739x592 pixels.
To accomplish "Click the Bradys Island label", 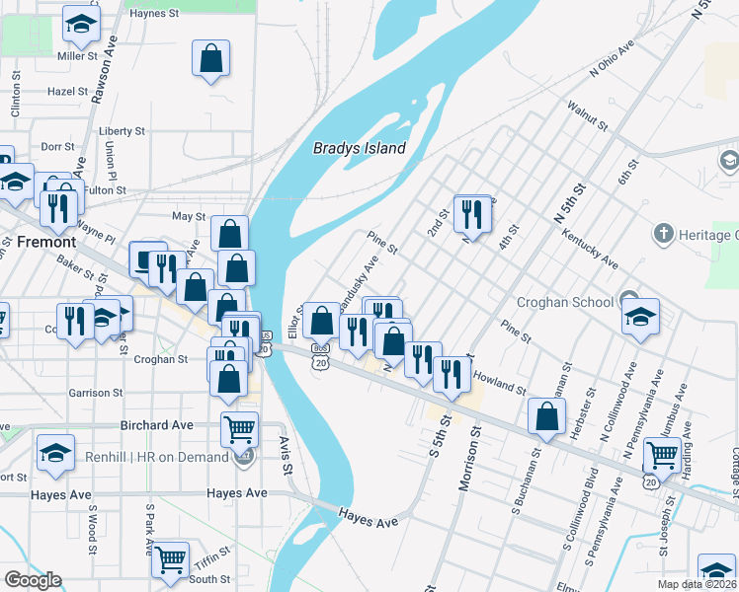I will click(x=360, y=148).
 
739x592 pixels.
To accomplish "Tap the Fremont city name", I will click(x=45, y=241).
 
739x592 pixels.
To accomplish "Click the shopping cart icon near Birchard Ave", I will click(x=240, y=429).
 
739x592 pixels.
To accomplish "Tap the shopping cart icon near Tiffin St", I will click(x=171, y=558).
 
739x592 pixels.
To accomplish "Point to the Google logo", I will click(x=32, y=580).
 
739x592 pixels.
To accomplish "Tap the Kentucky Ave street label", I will click(x=589, y=250).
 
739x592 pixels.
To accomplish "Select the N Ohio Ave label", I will click(x=612, y=60).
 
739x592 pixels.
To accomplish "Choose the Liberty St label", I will click(x=122, y=130).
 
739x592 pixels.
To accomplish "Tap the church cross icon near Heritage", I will click(x=663, y=235).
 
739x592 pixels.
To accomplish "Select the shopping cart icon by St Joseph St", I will click(x=661, y=455).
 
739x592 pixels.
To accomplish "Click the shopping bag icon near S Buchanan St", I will click(x=546, y=416).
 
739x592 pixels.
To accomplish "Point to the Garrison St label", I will click(x=96, y=392).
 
